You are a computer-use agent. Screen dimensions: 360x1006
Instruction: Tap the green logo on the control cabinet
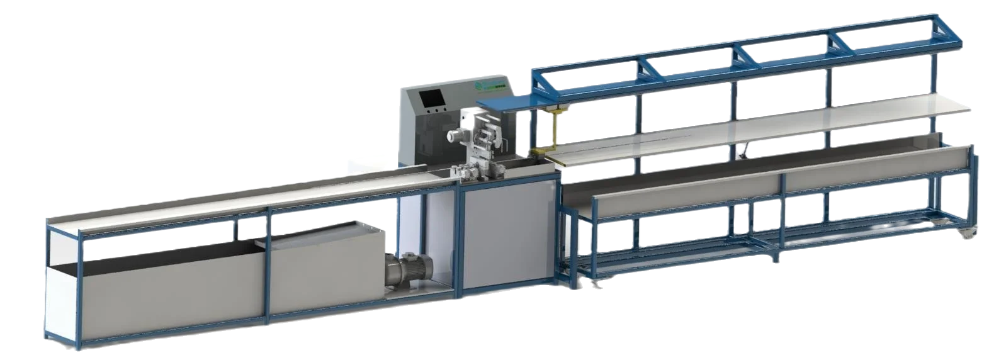pyautogui.click(x=482, y=86)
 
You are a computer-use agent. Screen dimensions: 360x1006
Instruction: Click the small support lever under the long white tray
pyautogui.click(x=743, y=150)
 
